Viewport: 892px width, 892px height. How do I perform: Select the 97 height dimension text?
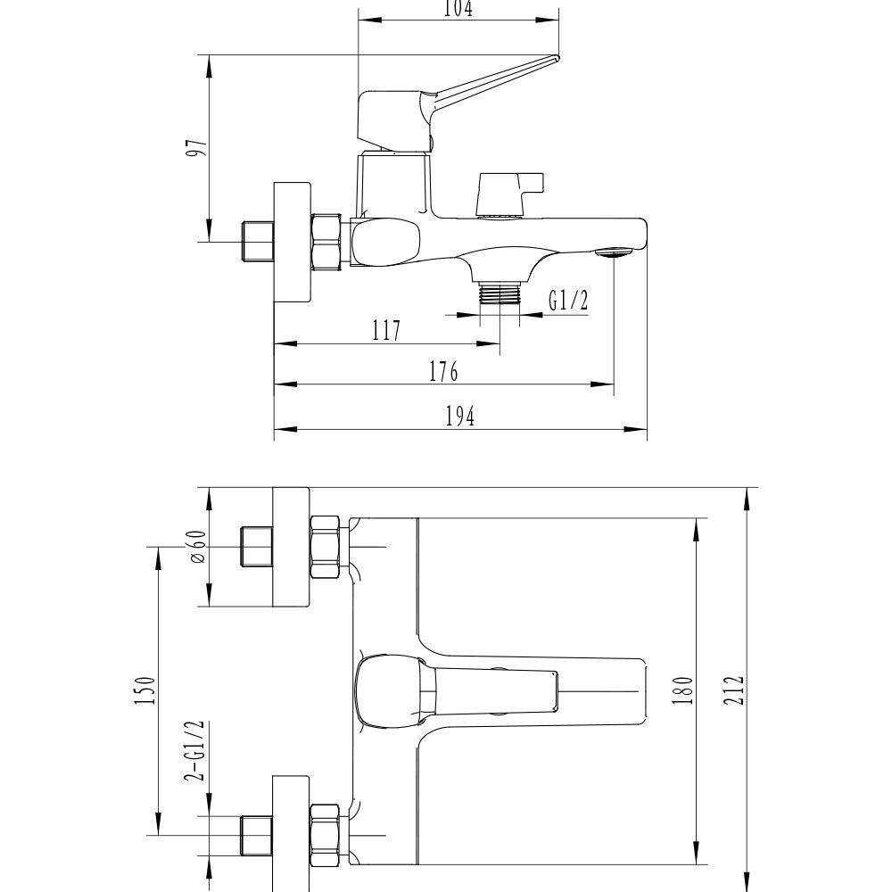point(201,148)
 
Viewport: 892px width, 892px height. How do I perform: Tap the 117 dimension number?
point(386,331)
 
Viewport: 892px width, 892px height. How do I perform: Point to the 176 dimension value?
point(442,372)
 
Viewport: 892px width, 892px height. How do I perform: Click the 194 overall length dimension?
point(459,416)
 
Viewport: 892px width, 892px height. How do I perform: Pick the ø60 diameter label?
point(197,546)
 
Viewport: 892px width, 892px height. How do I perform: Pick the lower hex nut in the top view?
point(326,835)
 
